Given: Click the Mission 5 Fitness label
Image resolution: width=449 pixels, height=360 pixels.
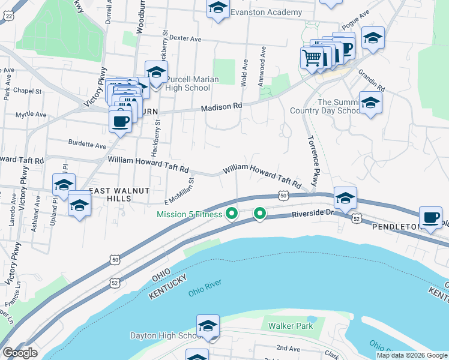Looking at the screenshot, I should click(x=190, y=214).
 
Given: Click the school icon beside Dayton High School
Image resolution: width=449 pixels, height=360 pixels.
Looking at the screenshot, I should click(x=208, y=326).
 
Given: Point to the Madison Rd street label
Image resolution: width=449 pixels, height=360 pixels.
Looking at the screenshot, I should click(x=221, y=106).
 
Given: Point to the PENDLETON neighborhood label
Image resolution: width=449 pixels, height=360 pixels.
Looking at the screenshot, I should click(x=397, y=227).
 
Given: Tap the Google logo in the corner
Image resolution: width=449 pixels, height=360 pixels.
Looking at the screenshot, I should click(x=20, y=353).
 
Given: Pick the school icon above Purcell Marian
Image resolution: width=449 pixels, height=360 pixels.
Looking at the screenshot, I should click(x=156, y=73).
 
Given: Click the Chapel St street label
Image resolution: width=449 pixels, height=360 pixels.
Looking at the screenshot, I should click(x=29, y=91).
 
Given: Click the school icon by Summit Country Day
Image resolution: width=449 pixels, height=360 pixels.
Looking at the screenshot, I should click(x=370, y=103).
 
